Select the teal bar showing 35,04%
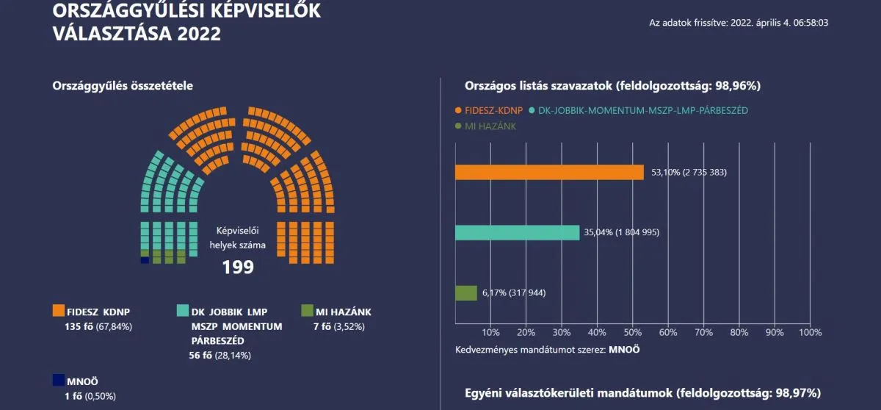click(x=517, y=233)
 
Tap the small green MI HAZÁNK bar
click(x=465, y=293)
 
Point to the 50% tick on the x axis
click(x=632, y=332)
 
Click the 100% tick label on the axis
click(x=810, y=332)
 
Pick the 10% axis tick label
click(x=490, y=332)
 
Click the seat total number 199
click(x=238, y=267)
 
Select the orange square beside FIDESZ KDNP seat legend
click(x=59, y=311)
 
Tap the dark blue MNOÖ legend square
click(x=59, y=381)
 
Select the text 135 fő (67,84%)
click(x=98, y=326)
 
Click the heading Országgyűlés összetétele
click(x=123, y=86)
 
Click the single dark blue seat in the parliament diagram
click(x=145, y=260)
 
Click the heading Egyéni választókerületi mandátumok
click(x=642, y=392)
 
